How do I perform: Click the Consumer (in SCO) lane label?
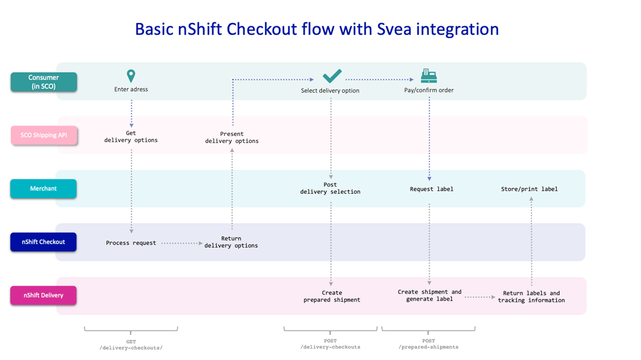coord(44,82)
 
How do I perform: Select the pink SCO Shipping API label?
coord(44,135)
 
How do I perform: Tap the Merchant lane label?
coord(44,189)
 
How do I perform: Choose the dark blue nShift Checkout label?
coord(44,242)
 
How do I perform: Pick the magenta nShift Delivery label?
coord(44,295)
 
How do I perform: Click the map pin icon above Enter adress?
coord(131,76)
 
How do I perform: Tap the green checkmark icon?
coord(332,76)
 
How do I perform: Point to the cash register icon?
coord(429,76)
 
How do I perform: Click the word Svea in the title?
coord(394,29)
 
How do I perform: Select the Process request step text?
coord(131,243)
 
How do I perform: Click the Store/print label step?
coord(529,189)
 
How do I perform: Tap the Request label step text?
coord(432,189)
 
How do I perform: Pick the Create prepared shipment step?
coord(332,296)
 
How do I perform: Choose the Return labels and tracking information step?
coord(531,297)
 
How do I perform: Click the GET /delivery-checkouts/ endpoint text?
coord(131,345)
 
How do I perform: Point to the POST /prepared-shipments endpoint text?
coord(428,344)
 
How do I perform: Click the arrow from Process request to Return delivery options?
coord(182,243)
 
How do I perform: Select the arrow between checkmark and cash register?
coord(380,80)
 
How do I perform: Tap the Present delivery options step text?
coord(232,138)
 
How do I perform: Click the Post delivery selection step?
coord(330,189)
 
